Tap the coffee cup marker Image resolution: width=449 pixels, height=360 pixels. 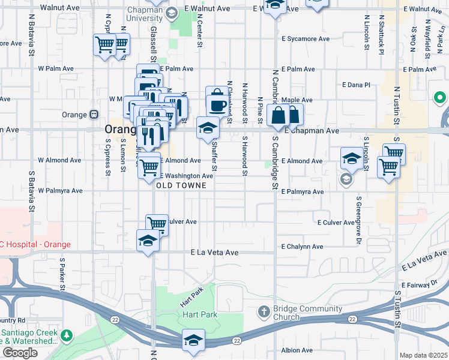pyautogui.click(x=217, y=104)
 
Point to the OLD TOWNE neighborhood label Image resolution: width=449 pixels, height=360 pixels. pyautogui.click(x=181, y=186)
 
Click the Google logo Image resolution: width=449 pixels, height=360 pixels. pyautogui.click(x=20, y=353)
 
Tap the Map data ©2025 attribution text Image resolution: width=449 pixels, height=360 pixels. pyautogui.click(x=423, y=355)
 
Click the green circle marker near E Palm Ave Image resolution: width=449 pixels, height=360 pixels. pyautogui.click(x=439, y=97)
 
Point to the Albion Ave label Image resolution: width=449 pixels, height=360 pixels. pyautogui.click(x=297, y=350)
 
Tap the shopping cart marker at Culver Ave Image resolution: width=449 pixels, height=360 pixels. pyautogui.click(x=157, y=224)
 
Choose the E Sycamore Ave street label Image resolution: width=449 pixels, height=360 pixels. pyautogui.click(x=306, y=39)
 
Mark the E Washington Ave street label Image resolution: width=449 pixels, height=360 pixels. pyautogui.click(x=186, y=176)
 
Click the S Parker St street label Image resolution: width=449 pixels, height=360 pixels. pyautogui.click(x=62, y=277)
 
